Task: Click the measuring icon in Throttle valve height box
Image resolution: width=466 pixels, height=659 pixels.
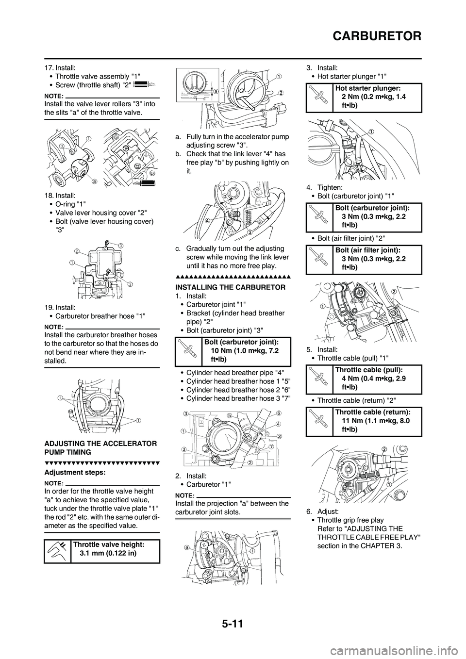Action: point(57,551)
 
